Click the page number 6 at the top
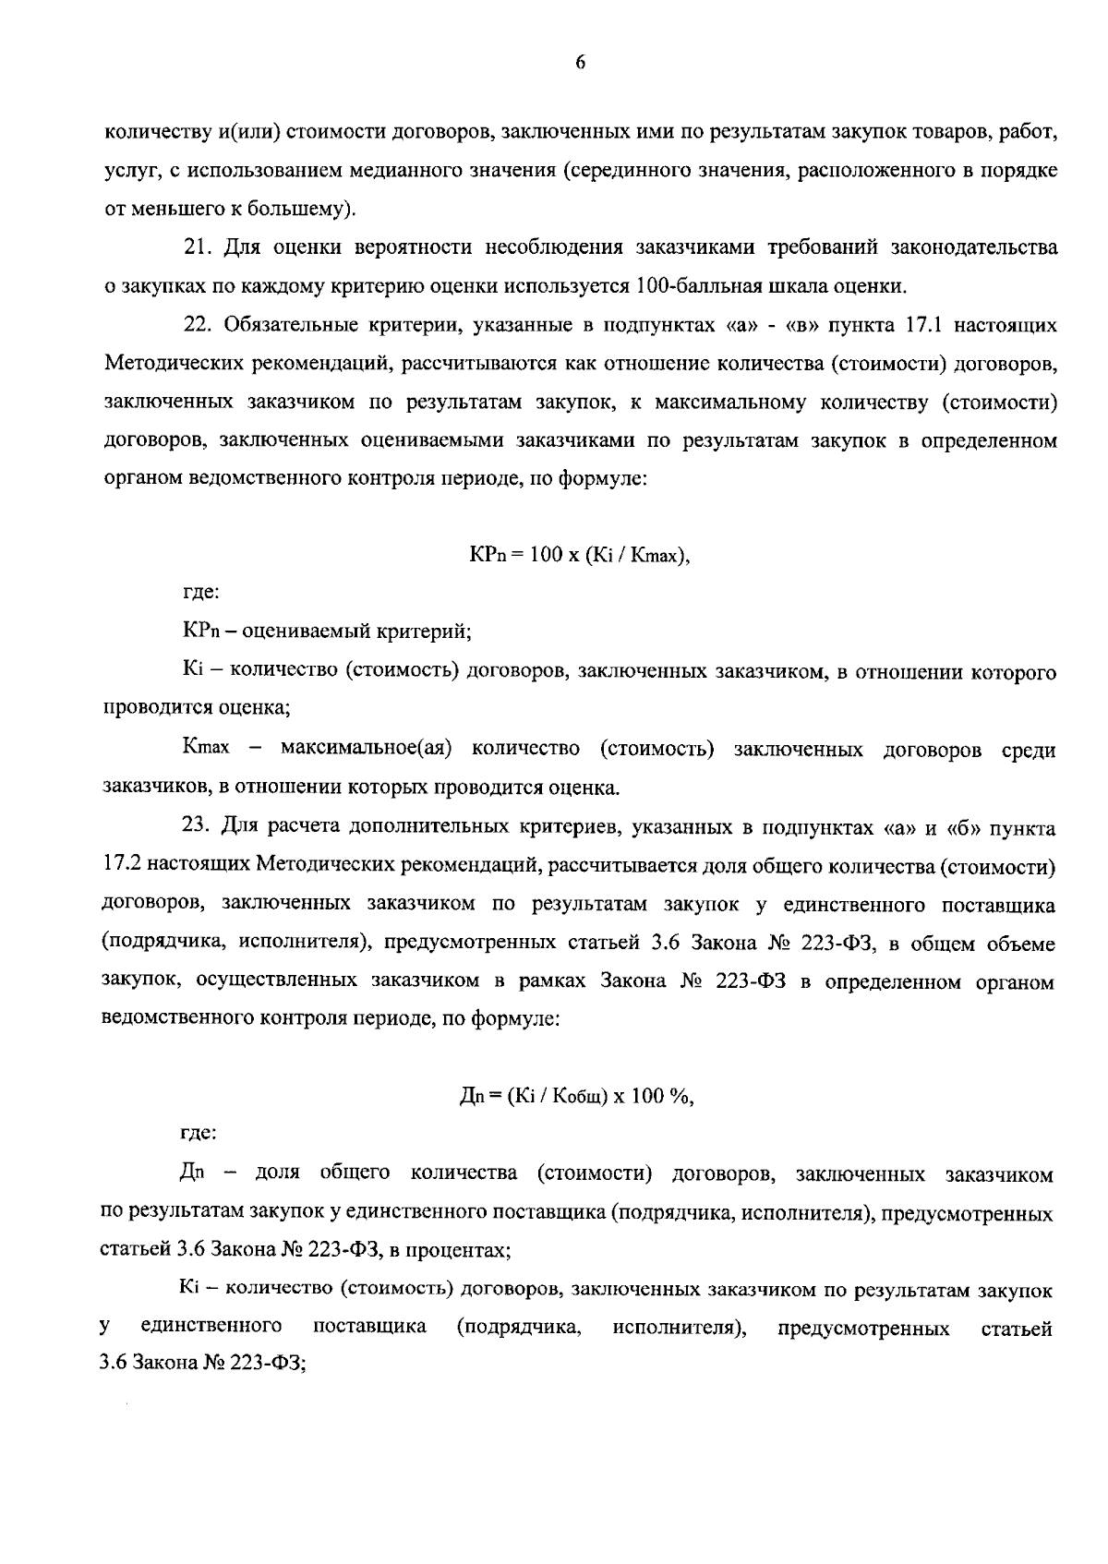click(x=581, y=63)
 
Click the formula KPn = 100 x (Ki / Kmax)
click(x=580, y=556)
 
